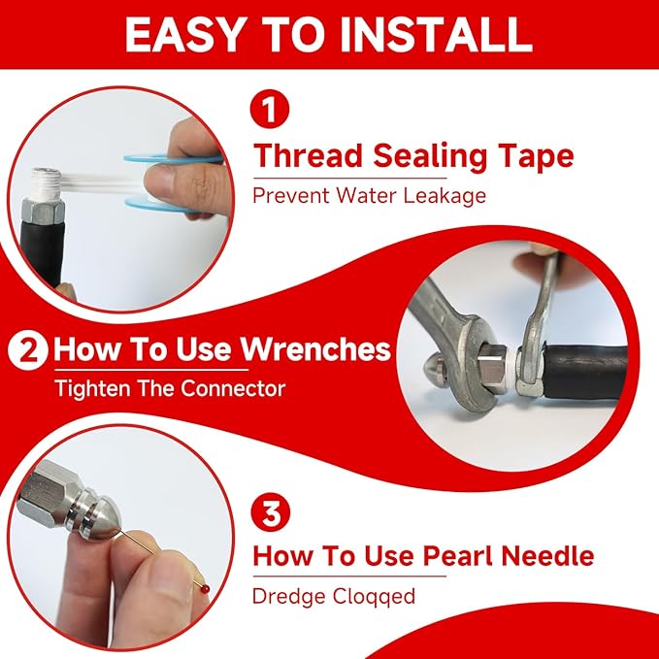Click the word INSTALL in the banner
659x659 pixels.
click(436, 35)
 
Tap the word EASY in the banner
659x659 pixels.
click(184, 35)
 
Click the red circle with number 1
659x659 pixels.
click(270, 109)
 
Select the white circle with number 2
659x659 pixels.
click(28, 350)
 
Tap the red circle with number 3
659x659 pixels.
click(271, 511)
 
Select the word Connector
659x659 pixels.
click(233, 388)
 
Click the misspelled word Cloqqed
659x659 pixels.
click(374, 596)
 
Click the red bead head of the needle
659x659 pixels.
click(204, 589)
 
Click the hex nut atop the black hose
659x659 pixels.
click(43, 212)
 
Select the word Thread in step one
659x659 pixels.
click(308, 156)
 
